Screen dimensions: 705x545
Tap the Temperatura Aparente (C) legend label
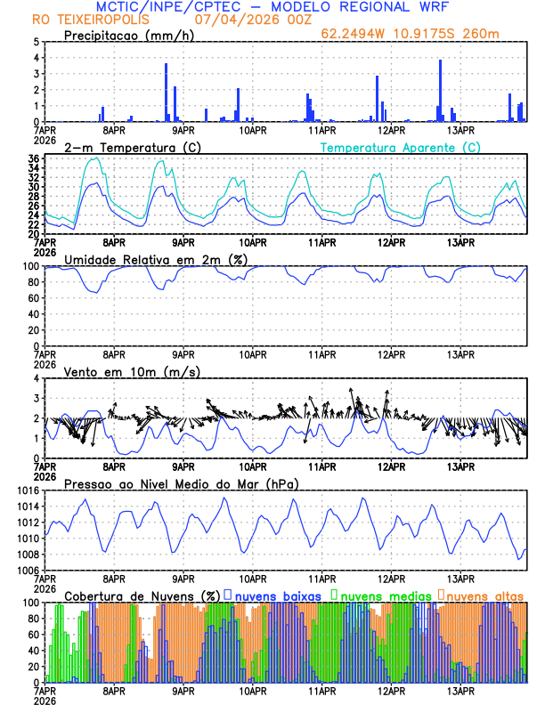coord(401,147)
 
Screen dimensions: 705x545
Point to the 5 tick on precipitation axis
coord(37,42)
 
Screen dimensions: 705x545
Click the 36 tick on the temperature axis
coord(34,158)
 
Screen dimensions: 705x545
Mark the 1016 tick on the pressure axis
coord(28,490)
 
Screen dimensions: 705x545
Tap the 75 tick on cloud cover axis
coord(34,623)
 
